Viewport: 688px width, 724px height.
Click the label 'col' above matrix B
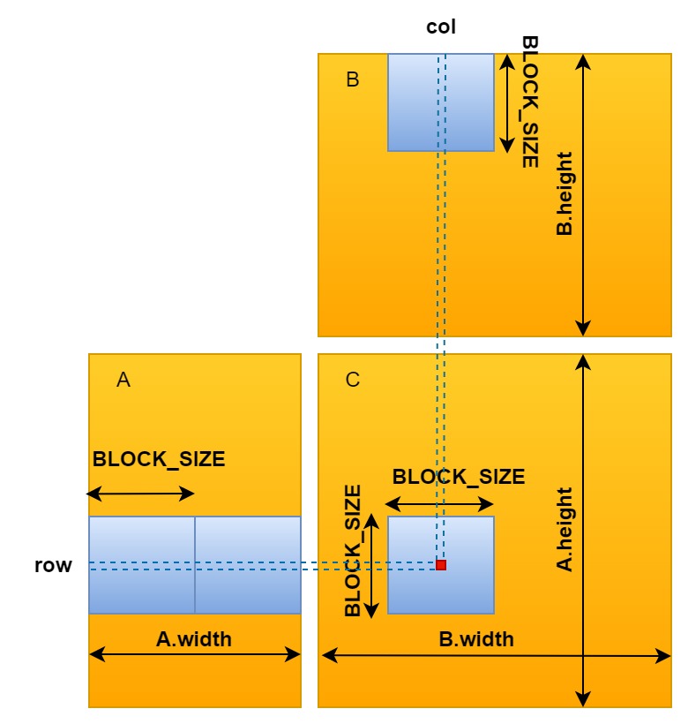click(x=441, y=27)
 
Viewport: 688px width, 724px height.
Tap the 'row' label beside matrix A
click(x=53, y=566)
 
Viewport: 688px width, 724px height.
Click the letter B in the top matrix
click(x=353, y=80)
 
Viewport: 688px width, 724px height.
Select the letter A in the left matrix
click(x=123, y=381)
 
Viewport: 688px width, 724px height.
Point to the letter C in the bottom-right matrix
click(x=353, y=381)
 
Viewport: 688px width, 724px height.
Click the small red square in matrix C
click(x=441, y=565)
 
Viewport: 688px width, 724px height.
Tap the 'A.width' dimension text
click(x=194, y=638)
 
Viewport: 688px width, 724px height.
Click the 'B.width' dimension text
click(x=476, y=638)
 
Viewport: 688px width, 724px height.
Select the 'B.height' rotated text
click(x=565, y=194)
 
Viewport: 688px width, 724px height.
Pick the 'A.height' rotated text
click(x=565, y=530)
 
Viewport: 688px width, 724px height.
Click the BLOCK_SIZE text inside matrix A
click(x=159, y=459)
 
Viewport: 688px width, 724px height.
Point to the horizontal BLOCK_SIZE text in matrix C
click(x=459, y=477)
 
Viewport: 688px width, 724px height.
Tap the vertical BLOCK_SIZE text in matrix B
click(x=530, y=102)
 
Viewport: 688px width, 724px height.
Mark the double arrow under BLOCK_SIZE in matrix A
click(x=141, y=494)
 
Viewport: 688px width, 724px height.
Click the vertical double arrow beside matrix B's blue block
click(x=506, y=102)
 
